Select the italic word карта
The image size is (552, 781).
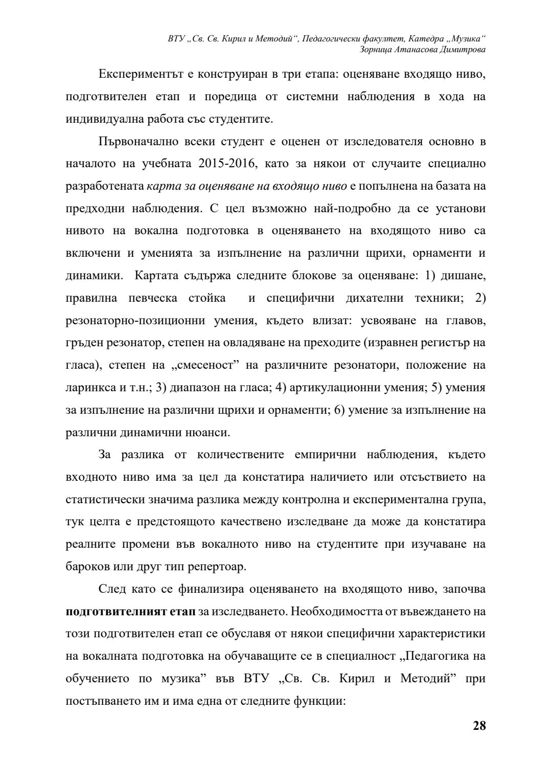tap(160, 186)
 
